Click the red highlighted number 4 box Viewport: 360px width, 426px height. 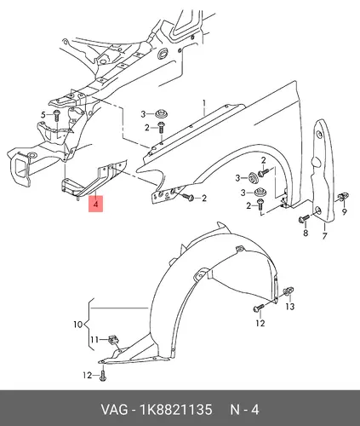(96, 204)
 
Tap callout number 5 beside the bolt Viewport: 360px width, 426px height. (43, 115)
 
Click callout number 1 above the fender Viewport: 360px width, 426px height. (204, 103)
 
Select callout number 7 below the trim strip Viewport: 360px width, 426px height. (324, 236)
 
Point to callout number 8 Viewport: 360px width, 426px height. (306, 233)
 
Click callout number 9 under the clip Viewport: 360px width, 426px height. (345, 211)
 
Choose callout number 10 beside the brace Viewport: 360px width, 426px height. (78, 325)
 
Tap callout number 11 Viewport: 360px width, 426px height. (94, 340)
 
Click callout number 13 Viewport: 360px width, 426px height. (290, 307)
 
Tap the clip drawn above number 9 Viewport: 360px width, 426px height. (343, 197)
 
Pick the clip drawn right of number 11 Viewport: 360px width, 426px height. (114, 339)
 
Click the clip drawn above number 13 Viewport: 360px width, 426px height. (289, 291)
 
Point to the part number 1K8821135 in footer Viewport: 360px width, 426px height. (175, 410)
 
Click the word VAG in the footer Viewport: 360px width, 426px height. (114, 410)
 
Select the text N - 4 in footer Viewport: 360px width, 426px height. (244, 410)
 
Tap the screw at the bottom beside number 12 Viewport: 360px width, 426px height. (103, 375)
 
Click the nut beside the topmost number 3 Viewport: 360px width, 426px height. (162, 114)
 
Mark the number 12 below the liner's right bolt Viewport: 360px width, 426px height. (260, 323)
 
